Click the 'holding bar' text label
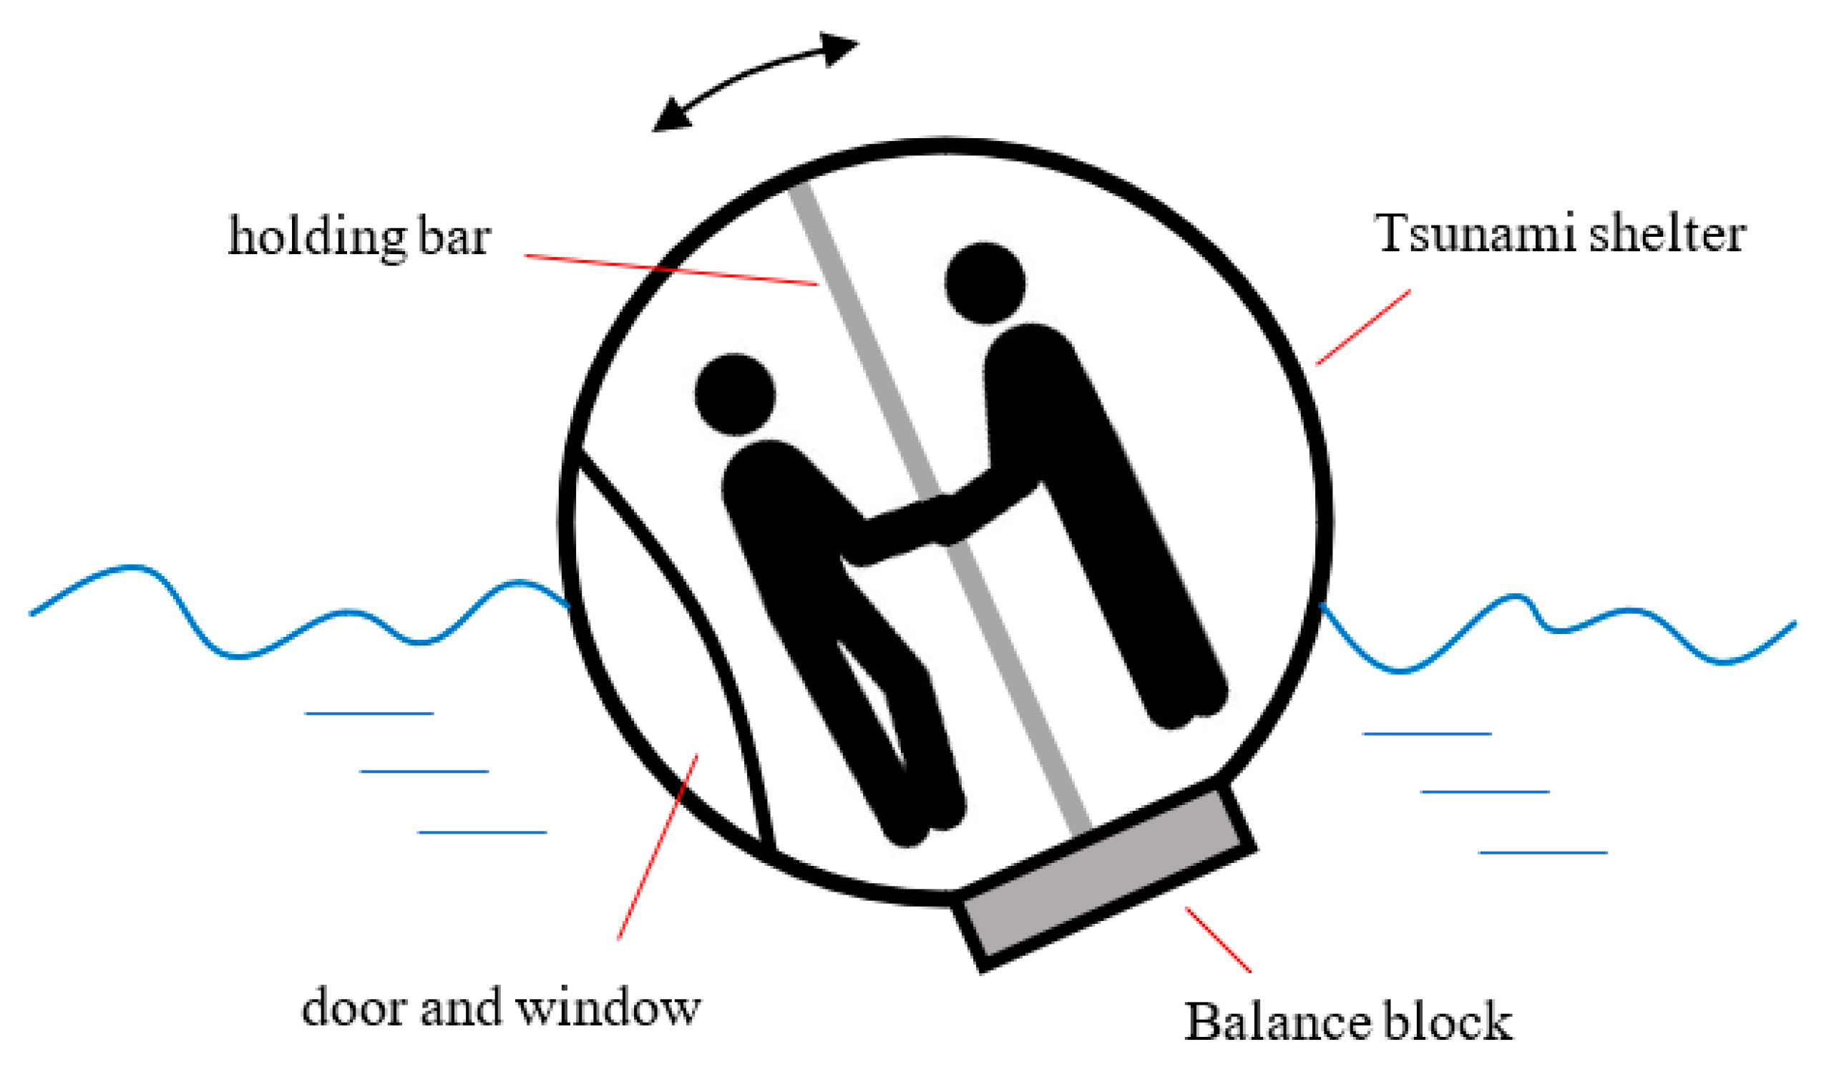(359, 236)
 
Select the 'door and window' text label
(501, 1008)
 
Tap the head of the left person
(734, 394)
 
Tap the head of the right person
(985, 283)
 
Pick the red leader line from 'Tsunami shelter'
(1363, 326)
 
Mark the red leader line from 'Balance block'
(1218, 940)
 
